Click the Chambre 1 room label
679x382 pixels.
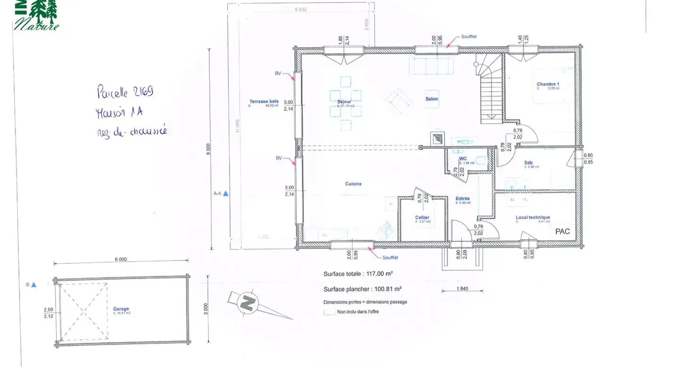544,84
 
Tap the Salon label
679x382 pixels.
431,99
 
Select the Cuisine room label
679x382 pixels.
353,184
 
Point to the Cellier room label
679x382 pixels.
422,217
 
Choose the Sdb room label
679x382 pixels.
528,163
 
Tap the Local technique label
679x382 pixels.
533,217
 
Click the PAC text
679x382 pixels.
563,232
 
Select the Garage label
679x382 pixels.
121,309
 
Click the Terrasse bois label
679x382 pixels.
264,101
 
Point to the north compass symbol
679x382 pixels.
247,302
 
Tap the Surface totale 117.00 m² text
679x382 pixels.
358,274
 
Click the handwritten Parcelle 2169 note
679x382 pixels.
125,91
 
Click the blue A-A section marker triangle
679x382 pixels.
226,193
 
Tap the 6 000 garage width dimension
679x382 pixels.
121,259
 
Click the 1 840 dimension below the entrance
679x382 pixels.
462,288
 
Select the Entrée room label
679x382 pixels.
463,199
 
